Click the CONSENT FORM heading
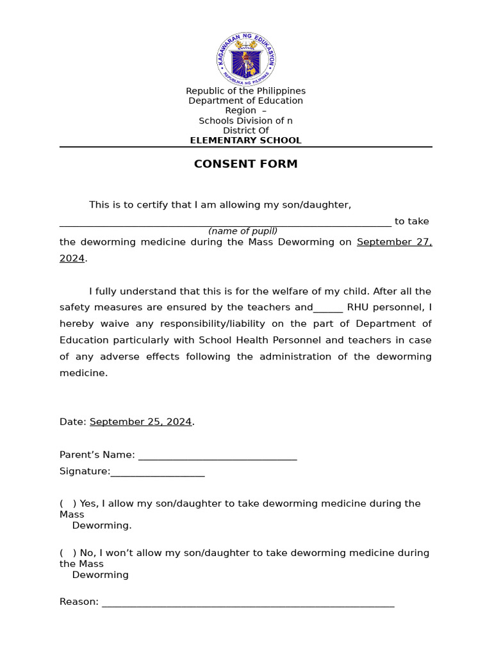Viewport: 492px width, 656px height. click(x=245, y=164)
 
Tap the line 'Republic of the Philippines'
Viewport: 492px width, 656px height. click(x=245, y=91)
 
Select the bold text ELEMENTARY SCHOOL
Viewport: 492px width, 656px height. click(x=245, y=140)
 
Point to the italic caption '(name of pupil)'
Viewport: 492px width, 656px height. click(x=242, y=231)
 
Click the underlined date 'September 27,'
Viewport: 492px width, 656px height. click(x=394, y=242)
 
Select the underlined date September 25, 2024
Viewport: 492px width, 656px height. click(x=140, y=422)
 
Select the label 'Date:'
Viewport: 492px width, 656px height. click(x=72, y=422)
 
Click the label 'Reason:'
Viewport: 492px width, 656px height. click(x=79, y=602)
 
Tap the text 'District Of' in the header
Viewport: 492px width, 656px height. click(x=245, y=131)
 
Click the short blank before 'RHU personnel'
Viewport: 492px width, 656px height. click(x=328, y=309)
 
